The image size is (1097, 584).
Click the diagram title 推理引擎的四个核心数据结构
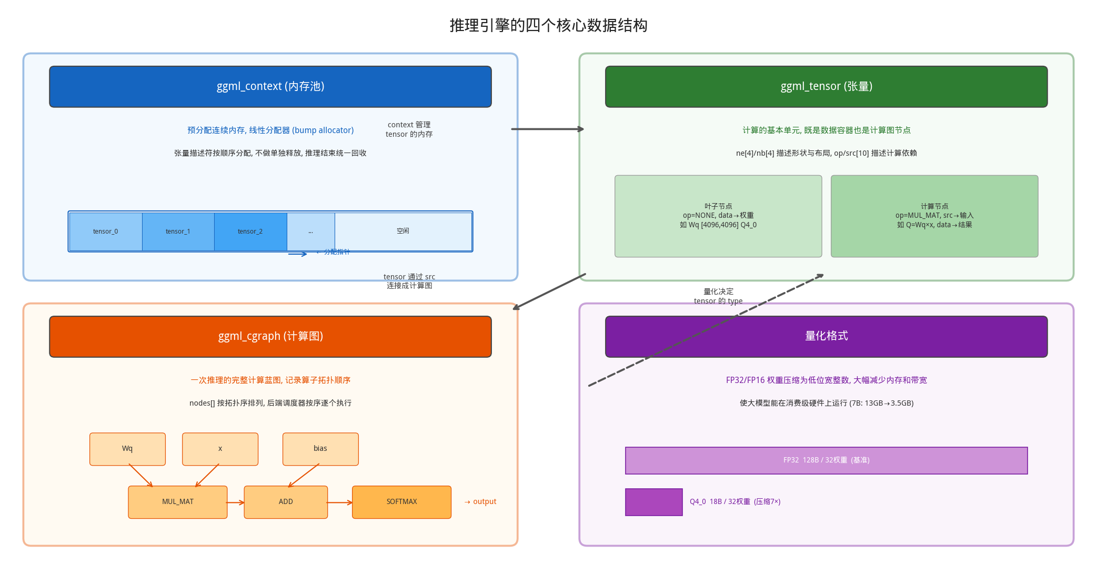[x=548, y=25]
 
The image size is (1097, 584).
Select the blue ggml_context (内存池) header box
[x=270, y=87]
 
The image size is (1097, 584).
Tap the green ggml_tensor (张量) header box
[x=826, y=87]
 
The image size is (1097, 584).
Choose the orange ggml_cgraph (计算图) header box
[x=270, y=337]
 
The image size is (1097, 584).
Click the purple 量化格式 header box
[x=826, y=337]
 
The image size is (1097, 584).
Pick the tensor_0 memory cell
[x=106, y=231]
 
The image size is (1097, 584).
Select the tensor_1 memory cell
[x=178, y=231]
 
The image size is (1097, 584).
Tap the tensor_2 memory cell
[x=250, y=231]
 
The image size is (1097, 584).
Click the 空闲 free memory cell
[x=403, y=231]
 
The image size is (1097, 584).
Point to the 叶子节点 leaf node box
[x=718, y=216]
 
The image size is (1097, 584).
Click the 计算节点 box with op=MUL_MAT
[x=934, y=216]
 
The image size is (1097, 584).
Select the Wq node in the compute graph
[x=127, y=449]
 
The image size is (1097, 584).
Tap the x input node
[x=220, y=449]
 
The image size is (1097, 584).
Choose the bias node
[x=320, y=449]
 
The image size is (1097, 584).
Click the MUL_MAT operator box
[x=178, y=502]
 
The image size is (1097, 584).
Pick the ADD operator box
[x=286, y=502]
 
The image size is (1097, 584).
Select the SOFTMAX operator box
[x=401, y=502]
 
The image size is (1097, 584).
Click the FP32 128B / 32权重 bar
[x=826, y=460]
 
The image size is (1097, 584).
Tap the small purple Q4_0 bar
[x=653, y=502]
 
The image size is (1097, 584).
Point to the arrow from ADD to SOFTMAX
[x=340, y=502]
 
